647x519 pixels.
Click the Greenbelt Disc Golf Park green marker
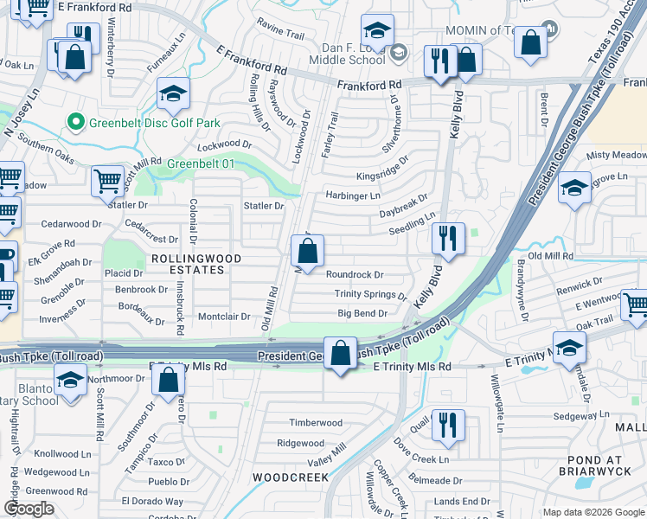pos(75,122)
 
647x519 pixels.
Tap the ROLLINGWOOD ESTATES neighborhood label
pos(188,264)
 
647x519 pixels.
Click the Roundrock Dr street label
pos(355,275)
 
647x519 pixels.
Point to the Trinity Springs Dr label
pos(371,295)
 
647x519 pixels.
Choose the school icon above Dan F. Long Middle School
pos(377,31)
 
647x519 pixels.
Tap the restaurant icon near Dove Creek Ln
pos(448,424)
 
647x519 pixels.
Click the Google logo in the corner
pos(29,509)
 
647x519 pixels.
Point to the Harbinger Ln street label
pos(352,195)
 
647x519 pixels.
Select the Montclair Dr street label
pos(224,317)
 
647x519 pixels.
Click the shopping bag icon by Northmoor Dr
pos(170,379)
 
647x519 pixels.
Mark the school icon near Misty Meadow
pos(573,188)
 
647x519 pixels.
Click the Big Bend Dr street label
pos(362,313)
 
